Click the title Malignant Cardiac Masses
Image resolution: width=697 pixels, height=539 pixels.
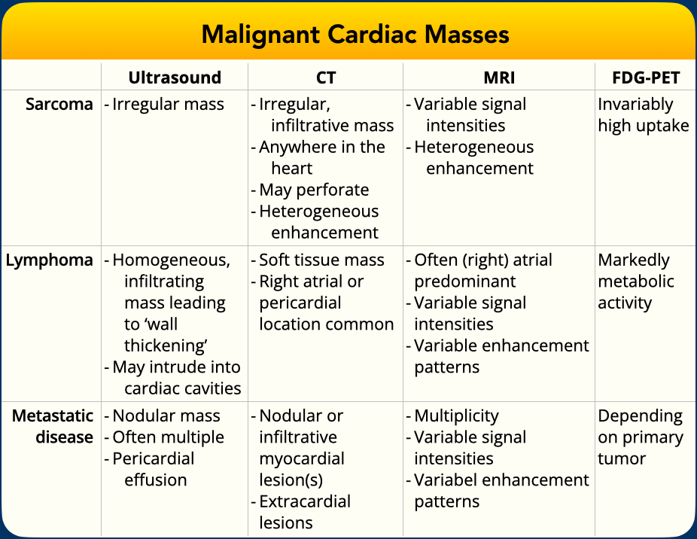355,35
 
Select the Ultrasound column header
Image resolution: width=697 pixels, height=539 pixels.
175,78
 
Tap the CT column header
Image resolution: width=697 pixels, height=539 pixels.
326,78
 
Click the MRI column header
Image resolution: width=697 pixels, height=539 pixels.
499,78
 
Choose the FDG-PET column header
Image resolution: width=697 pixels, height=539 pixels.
646,78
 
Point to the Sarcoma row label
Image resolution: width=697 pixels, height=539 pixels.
59,104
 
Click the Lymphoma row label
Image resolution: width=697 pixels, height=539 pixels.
50,260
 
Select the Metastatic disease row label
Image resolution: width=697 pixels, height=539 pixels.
53,427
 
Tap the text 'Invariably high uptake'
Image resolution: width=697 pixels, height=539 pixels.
644,115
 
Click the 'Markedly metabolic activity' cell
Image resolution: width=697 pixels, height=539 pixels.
636,282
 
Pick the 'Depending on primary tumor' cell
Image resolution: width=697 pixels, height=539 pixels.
641,437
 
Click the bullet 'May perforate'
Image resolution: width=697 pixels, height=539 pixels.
314,190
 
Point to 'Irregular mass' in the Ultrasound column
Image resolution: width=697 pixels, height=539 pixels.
168,105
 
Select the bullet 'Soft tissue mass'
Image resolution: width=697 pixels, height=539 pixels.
321,260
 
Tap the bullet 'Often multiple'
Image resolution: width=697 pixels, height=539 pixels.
168,437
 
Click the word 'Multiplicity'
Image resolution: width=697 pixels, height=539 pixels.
457,416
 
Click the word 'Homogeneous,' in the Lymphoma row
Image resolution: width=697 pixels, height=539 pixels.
171,260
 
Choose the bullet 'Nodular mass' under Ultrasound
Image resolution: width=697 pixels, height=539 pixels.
166,416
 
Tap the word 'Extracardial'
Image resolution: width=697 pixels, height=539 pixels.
305,501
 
